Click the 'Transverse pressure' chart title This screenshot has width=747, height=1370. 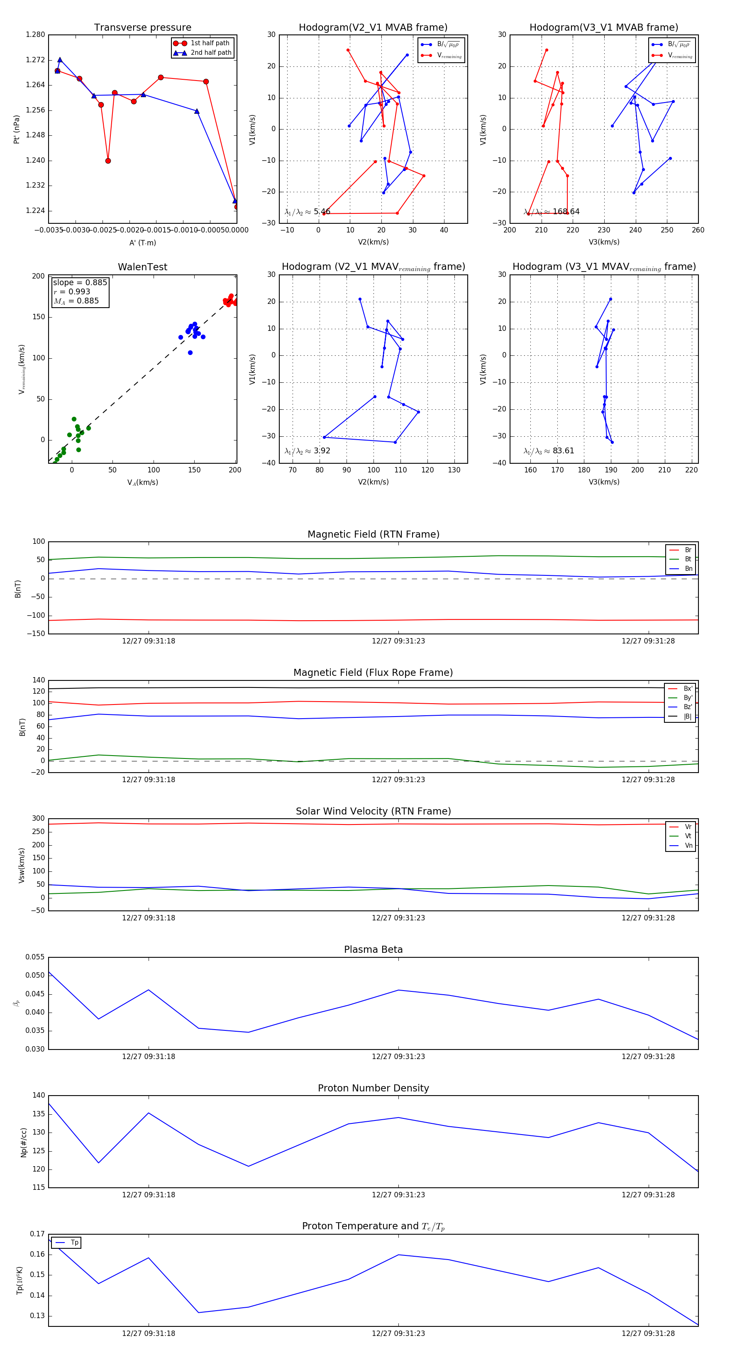point(142,28)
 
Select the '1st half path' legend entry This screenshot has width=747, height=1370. point(210,43)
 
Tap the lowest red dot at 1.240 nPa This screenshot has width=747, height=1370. point(108,161)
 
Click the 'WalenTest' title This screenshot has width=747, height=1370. point(142,267)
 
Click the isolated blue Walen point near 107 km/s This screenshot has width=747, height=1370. point(190,352)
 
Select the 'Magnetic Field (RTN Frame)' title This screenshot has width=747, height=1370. point(373,534)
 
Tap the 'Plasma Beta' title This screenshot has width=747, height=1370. point(373,950)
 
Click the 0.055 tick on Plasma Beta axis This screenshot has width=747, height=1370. point(35,957)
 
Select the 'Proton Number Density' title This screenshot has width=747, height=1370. point(373,1088)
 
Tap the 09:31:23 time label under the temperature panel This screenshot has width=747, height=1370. point(398,1334)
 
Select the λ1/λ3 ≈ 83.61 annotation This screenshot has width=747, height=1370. point(549,451)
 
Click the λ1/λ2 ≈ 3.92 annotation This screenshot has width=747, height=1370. point(307,451)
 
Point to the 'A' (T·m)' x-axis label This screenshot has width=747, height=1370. point(142,243)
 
